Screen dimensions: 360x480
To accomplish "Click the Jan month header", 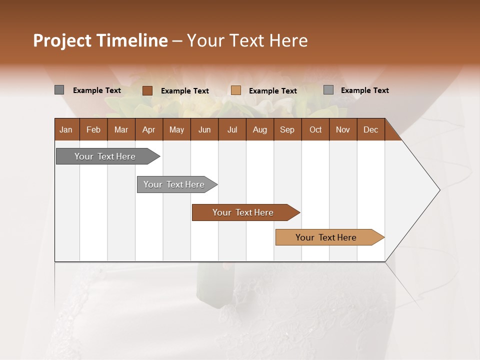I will pos(66,129).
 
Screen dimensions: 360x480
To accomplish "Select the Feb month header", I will pos(93,129).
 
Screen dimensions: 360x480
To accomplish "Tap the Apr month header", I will pos(149,129).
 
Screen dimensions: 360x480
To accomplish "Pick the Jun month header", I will pos(204,129).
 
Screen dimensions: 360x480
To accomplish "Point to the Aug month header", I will pos(260,129).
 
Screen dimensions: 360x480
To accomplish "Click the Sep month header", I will pos(287,129).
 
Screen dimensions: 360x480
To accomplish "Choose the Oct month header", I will pos(315,129).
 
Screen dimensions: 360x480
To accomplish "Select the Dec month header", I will pos(371,129).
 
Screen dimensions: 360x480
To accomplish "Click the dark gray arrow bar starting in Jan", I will pos(105,156).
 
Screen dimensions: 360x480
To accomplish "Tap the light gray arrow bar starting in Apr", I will pos(174,184).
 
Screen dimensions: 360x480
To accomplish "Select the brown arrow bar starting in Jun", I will pos(243,212).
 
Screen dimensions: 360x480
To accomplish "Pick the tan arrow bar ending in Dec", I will pos(326,237).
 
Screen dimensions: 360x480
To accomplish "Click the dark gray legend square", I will pos(59,90).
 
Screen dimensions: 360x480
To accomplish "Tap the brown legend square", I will pos(147,90).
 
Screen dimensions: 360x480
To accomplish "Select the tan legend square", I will pos(236,90).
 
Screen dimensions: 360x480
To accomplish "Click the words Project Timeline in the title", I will pos(100,40).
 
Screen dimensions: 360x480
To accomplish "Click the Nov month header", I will pos(343,129).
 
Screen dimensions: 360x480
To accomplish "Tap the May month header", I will pos(176,129).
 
